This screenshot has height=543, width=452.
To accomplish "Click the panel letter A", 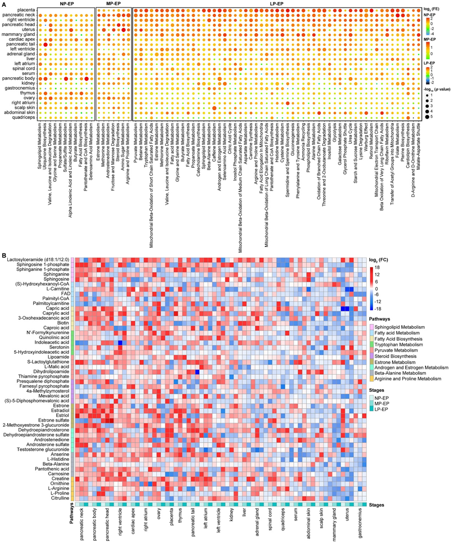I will pos(5,5).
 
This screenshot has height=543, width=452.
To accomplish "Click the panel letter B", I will pos(5,255).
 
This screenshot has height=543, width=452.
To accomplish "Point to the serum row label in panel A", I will pos(29,73).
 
